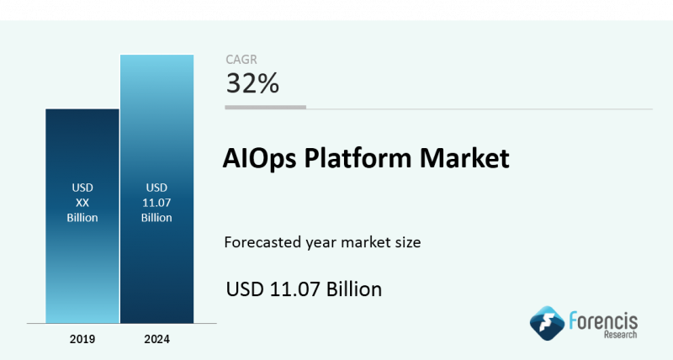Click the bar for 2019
point(82,216)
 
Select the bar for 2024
point(156,188)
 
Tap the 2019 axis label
point(82,339)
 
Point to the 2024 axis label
point(156,339)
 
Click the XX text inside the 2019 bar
point(82,203)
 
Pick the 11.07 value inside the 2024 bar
point(156,203)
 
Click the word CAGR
point(241,60)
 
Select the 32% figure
point(252,82)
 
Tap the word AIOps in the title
point(260,158)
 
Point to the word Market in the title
point(465,157)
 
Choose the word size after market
point(408,242)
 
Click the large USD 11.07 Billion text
point(304,289)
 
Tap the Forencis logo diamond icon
point(547,323)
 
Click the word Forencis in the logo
point(603,321)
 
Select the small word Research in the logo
point(621,335)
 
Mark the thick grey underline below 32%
point(265,108)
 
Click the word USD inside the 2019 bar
point(82,188)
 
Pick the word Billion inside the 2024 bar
point(156,218)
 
